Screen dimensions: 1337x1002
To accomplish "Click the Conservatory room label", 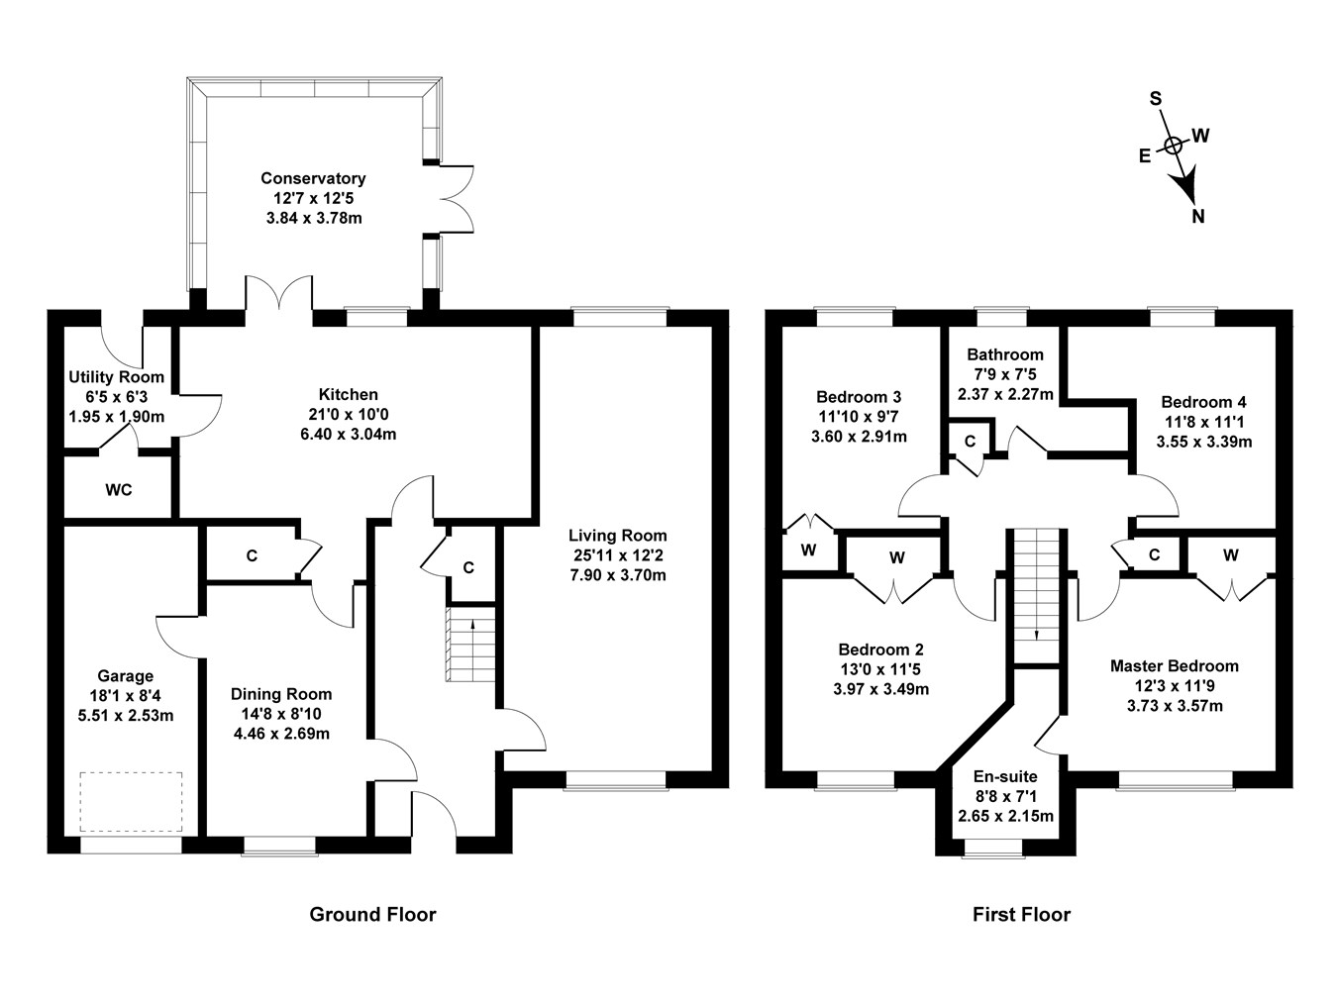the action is point(313,178).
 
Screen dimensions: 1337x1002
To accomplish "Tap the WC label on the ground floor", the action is point(119,490).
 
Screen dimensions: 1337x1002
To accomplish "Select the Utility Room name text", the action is point(116,377).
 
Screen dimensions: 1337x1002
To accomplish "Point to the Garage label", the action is point(125,676).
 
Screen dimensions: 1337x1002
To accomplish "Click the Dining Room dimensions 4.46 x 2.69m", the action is point(281,734).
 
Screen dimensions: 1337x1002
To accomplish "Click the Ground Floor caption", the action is point(372,914).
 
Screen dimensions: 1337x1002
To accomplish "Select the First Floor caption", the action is point(1021,914).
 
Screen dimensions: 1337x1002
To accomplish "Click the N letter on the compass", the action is point(1198,217).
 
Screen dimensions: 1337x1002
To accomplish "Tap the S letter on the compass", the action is point(1155,98).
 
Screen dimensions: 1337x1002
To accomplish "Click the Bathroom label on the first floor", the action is point(1005,354).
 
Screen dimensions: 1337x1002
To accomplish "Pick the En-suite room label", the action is point(1005,776).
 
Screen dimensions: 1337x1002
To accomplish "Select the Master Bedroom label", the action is point(1174,666).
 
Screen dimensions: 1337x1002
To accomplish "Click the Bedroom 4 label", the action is point(1203,402).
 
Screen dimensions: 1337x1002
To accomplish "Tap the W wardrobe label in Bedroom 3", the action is point(808,551).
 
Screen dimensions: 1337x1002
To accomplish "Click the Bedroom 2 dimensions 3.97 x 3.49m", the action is point(880,689).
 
